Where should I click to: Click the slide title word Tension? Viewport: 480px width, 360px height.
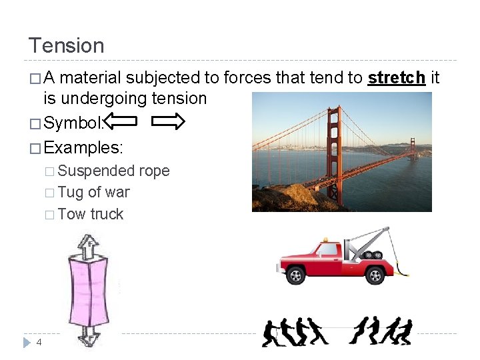[x=66, y=45]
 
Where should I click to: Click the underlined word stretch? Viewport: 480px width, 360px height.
[x=397, y=78]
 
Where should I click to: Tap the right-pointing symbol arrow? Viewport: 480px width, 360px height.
[x=167, y=121]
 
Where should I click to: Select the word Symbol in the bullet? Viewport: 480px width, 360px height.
[x=73, y=121]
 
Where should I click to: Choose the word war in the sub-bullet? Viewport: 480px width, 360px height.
[x=118, y=192]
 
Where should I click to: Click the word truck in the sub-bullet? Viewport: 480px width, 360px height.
[x=107, y=214]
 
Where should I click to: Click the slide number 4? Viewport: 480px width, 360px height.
[x=39, y=342]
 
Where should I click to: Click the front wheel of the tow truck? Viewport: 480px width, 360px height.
[x=295, y=275]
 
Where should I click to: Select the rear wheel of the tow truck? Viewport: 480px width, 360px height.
[x=375, y=275]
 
